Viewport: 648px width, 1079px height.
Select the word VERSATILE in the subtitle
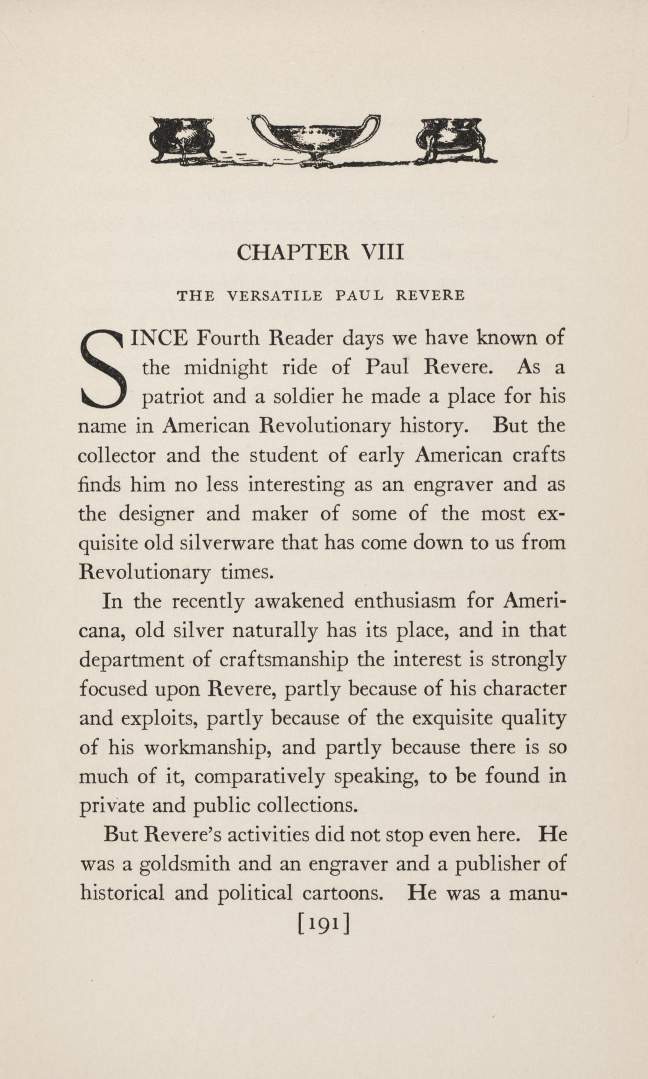[274, 296]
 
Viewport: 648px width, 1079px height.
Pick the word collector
[117, 455]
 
